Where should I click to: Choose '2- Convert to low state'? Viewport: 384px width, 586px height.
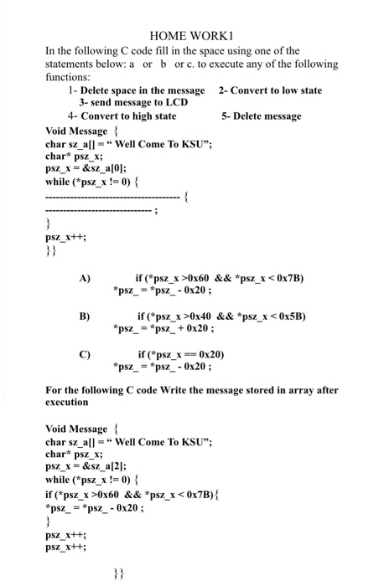[x=270, y=90]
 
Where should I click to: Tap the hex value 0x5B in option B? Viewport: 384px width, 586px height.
[x=290, y=316]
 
